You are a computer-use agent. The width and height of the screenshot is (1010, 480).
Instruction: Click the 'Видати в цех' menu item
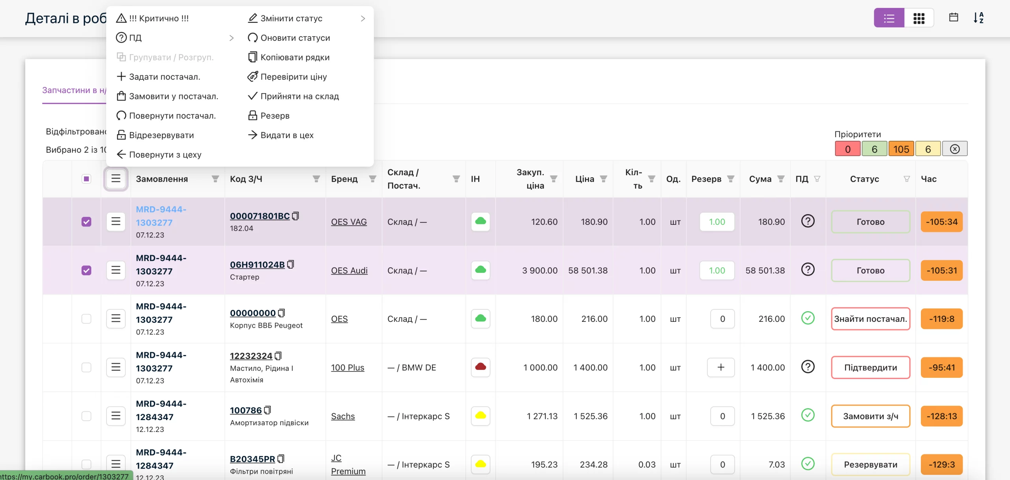pos(281,135)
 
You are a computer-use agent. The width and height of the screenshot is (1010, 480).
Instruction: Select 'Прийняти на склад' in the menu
pos(293,96)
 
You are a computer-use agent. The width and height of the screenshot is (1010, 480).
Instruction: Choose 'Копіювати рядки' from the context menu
pos(288,57)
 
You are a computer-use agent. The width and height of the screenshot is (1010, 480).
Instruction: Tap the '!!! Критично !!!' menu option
pos(152,18)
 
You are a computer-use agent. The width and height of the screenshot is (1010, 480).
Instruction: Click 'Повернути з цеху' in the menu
pos(159,154)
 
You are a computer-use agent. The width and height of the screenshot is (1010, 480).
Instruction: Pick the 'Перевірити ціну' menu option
pos(287,77)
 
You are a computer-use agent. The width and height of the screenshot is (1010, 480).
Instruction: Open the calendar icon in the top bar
pos(953,17)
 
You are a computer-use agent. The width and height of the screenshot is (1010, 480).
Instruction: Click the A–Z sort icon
pos(978,18)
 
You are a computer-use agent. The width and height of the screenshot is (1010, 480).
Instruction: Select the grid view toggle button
pos(919,18)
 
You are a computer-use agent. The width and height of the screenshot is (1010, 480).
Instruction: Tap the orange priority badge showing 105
pos(901,149)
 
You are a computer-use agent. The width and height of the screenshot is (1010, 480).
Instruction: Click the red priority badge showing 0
pos(847,149)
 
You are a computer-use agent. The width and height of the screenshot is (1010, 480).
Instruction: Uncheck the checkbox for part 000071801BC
pos(86,222)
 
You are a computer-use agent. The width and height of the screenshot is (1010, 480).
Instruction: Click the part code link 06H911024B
pos(257,265)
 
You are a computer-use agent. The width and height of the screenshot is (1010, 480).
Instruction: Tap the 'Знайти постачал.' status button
pos(870,319)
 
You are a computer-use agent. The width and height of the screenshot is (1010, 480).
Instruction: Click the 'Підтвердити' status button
pos(870,367)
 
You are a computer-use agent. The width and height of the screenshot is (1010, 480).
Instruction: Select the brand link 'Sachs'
pos(343,416)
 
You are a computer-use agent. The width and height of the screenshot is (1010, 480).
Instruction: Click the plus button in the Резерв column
pos(721,367)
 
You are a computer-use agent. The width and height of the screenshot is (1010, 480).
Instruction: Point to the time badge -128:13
pos(941,416)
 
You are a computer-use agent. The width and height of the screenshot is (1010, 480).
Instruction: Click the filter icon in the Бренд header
pos(372,179)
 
